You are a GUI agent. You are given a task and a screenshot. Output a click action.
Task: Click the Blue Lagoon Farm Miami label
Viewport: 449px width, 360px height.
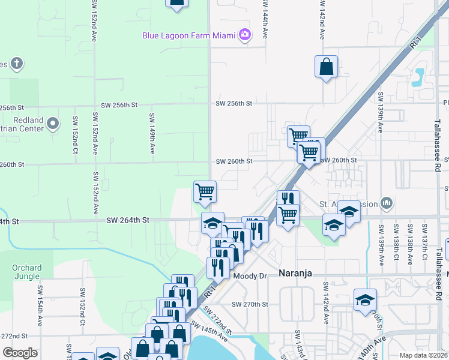pos(188,35)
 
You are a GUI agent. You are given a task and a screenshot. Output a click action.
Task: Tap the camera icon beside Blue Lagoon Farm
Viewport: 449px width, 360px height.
pos(244,35)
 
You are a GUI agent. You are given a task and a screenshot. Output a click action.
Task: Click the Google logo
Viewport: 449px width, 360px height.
pos(20,353)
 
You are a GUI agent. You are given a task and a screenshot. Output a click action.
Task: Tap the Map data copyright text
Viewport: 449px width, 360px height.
pos(424,355)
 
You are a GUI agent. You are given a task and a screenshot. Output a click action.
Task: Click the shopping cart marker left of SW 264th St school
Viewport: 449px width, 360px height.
pos(205,192)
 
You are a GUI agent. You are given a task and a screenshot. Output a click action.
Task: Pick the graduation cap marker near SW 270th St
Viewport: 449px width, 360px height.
pos(365,299)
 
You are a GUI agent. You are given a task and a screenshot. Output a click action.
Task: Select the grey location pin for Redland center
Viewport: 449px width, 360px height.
pos(53,124)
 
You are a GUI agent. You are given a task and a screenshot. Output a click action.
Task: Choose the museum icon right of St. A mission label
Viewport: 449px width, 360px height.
pos(387,203)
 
